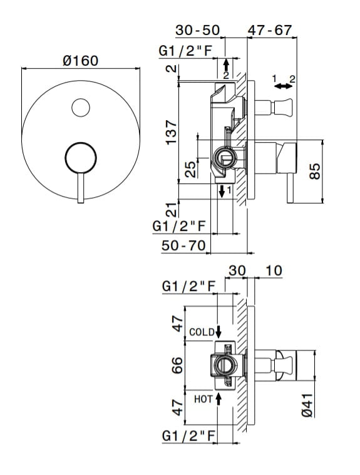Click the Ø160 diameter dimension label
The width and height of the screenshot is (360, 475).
pyautogui.click(x=81, y=61)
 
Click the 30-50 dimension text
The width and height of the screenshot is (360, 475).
pyautogui.click(x=198, y=30)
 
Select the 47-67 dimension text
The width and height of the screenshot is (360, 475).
pyautogui.click(x=270, y=30)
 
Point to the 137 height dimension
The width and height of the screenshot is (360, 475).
pyautogui.click(x=171, y=133)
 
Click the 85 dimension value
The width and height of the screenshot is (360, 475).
pyautogui.click(x=315, y=171)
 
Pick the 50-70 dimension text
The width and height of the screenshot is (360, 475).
pyautogui.click(x=183, y=245)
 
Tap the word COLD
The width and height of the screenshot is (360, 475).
pyautogui.click(x=202, y=332)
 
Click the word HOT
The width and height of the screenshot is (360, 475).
pyautogui.click(x=203, y=399)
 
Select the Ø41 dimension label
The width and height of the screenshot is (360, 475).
pyautogui.click(x=307, y=405)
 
